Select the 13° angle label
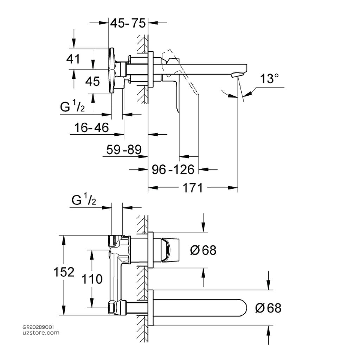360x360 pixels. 269,79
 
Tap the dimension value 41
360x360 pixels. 73,59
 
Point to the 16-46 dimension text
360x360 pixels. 92,127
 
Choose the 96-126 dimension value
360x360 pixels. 173,170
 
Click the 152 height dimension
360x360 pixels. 64,272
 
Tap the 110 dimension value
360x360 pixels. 92,279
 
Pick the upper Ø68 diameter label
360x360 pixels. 203,250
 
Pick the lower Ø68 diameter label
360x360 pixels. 268,308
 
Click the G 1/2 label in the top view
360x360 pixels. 72,107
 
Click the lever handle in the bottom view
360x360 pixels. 170,250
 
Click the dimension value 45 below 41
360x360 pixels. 93,82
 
